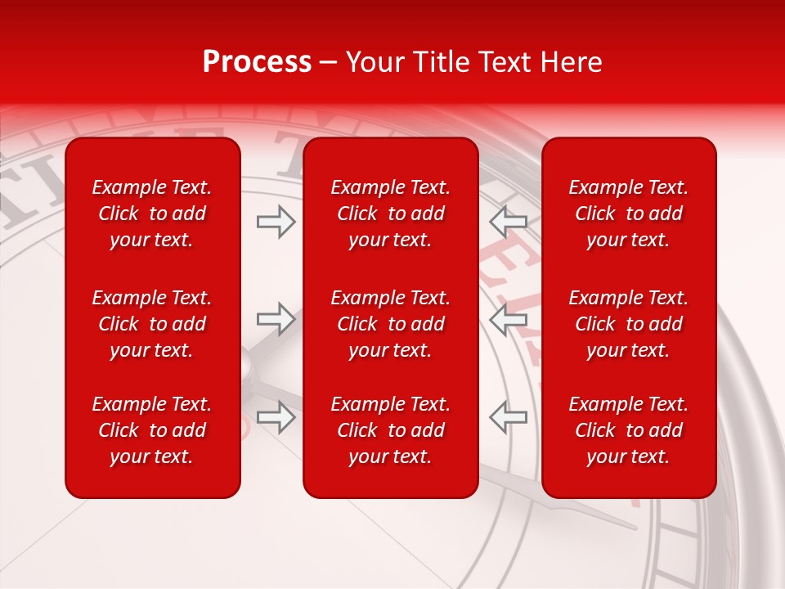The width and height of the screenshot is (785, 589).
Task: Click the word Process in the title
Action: [257, 62]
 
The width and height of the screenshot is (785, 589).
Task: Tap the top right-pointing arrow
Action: [276, 222]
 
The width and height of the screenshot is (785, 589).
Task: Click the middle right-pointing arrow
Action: [276, 319]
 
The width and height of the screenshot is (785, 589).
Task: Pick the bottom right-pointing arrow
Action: [276, 417]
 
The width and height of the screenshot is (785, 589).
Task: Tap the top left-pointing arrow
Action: [508, 222]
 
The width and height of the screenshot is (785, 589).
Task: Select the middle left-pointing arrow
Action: [508, 319]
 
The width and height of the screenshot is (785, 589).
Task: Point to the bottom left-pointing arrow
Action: [508, 417]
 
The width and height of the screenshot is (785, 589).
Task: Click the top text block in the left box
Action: [152, 214]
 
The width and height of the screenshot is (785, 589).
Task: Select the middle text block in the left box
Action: [152, 324]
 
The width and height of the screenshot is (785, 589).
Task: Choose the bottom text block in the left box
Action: [152, 430]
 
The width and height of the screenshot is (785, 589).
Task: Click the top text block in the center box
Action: [390, 214]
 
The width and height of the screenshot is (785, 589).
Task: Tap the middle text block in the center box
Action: [390, 324]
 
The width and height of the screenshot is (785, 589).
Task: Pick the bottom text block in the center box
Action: [390, 430]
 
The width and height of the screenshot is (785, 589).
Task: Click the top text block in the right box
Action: [628, 214]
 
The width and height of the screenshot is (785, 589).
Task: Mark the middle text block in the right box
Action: [628, 324]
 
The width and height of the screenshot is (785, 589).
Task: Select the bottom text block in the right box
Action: [628, 430]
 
